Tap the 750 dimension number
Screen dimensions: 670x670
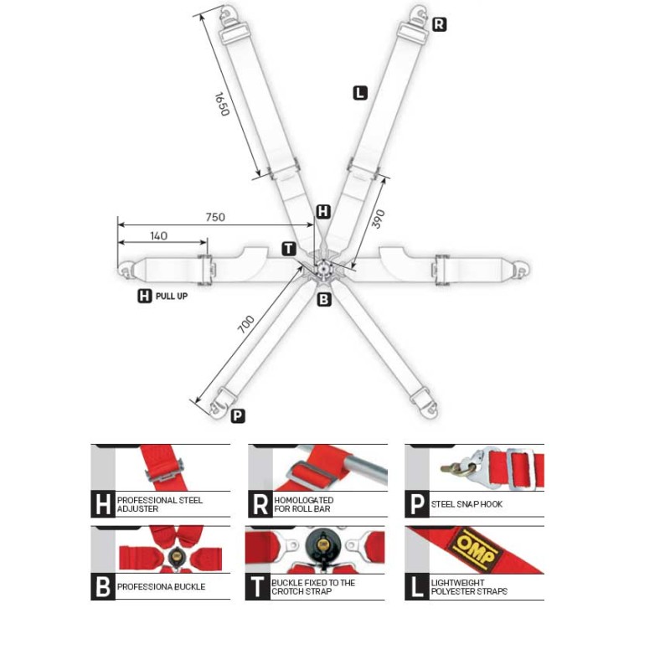215,218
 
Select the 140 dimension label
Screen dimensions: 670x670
158,235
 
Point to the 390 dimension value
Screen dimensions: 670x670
378,218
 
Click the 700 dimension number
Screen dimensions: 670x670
246,324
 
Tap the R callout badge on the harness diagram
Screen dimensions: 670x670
439,24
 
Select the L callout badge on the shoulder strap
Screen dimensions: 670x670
360,93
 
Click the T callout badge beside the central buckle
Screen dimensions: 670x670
288,249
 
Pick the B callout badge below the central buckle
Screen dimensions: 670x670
324,299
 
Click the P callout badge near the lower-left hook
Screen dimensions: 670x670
238,415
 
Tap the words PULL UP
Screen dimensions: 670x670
172,296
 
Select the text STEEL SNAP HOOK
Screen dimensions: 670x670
466,504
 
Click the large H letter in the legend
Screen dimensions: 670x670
102,504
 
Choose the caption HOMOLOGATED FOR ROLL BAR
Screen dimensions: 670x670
303,504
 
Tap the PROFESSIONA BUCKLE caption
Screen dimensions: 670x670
161,587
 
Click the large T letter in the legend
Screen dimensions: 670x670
258,587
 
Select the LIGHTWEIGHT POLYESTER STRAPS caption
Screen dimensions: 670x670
469,587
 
